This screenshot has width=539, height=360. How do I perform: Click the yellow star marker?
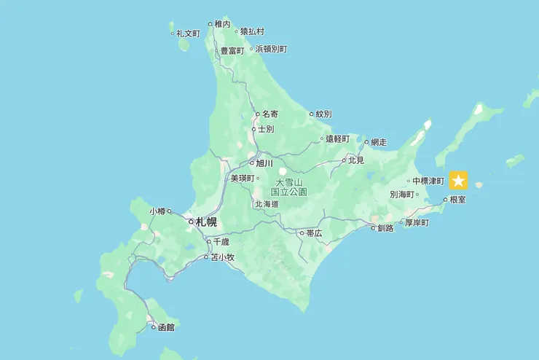(x=458, y=180)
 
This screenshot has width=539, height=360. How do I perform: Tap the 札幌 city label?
(x=206, y=222)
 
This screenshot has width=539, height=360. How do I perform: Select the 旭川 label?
(x=264, y=163)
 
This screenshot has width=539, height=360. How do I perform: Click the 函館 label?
(x=167, y=327)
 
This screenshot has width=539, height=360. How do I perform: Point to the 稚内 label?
(x=222, y=24)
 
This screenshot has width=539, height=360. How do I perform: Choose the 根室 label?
(x=458, y=199)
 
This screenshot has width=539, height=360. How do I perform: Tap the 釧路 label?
(x=385, y=228)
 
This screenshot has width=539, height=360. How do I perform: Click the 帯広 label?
(x=314, y=233)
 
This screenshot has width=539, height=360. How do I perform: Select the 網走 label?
(x=379, y=142)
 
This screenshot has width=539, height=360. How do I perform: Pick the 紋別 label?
(x=323, y=114)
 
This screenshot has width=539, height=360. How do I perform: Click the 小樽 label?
(x=157, y=211)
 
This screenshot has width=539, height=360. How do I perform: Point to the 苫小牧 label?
(x=223, y=257)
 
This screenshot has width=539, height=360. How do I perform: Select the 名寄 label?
(x=270, y=114)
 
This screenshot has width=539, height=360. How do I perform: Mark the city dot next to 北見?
(x=344, y=160)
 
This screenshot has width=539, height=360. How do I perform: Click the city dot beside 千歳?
(x=208, y=241)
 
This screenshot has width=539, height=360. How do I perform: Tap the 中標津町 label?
(x=428, y=181)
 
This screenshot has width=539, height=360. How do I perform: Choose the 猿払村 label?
(x=252, y=31)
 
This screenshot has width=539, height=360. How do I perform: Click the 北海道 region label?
(x=267, y=204)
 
